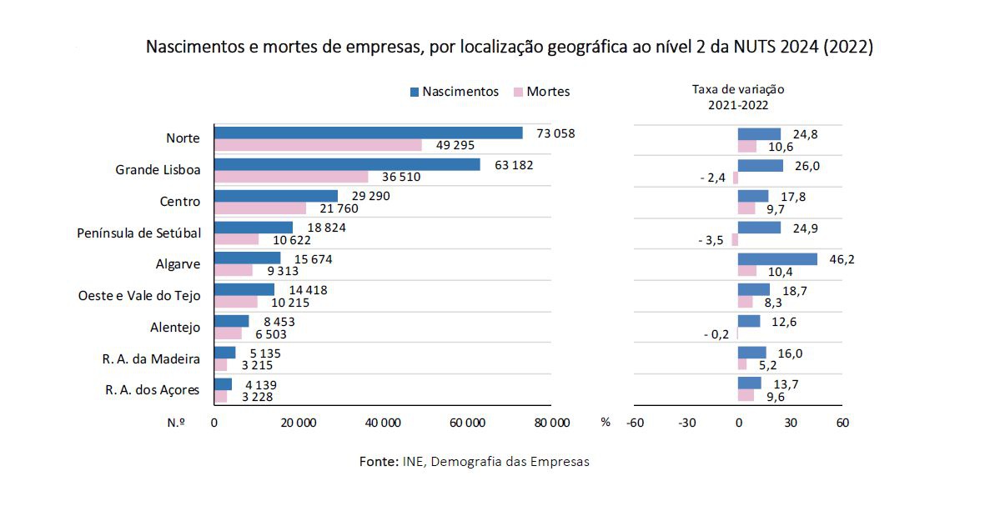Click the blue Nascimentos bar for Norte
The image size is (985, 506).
pyautogui.click(x=368, y=133)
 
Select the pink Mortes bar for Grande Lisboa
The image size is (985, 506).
pyautogui.click(x=290, y=177)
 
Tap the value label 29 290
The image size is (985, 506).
pyautogui.click(x=366, y=195)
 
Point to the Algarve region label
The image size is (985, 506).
pyautogui.click(x=178, y=263)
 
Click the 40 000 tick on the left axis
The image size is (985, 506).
pyautogui.click(x=383, y=423)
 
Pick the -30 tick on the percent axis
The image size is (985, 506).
pyautogui.click(x=686, y=423)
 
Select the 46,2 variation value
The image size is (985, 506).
pyautogui.click(x=842, y=259)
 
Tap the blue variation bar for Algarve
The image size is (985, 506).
pyautogui.click(x=777, y=259)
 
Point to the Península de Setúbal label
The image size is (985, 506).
pyautogui.click(x=138, y=233)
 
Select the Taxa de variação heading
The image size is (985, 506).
pyautogui.click(x=738, y=89)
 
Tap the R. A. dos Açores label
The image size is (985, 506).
pyautogui.click(x=153, y=389)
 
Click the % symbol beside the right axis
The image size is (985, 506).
pyautogui.click(x=606, y=423)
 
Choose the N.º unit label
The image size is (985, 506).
pyautogui.click(x=177, y=423)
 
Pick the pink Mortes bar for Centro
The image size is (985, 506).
pyautogui.click(x=259, y=208)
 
